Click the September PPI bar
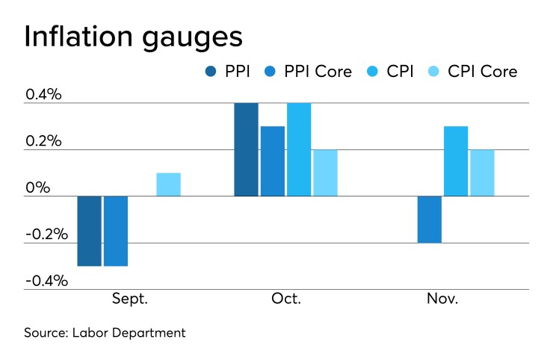pos(90,231)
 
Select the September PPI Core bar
pos(116,231)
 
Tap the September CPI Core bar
pos(168,184)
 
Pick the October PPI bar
pos(246,149)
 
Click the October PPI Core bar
pos(272,161)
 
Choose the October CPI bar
pos(299,149)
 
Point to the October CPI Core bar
pos(325,173)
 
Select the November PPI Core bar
pos(430,220)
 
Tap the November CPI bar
pos(456,161)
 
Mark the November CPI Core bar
pos(482,173)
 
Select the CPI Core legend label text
pos(482,72)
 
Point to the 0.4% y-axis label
pos(46,96)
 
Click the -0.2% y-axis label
pos(46,235)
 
